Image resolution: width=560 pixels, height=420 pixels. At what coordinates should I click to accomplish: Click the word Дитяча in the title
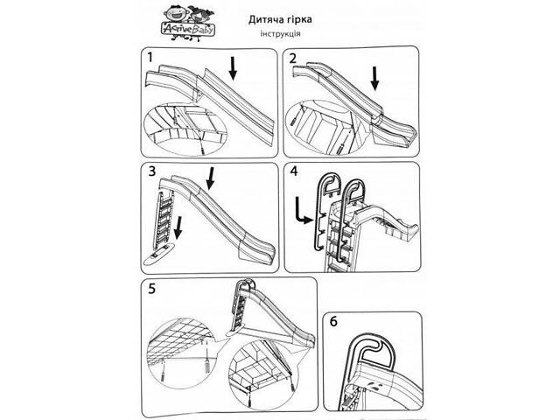tap(242, 19)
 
